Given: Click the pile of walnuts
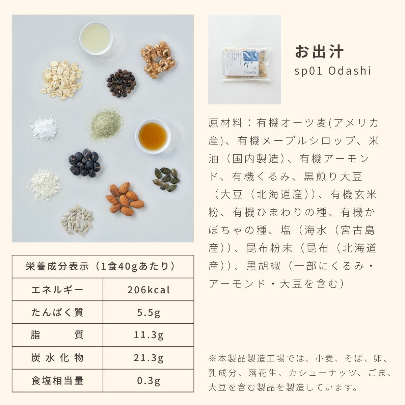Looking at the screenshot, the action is (x=158, y=59).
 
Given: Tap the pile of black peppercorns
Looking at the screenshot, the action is (x=122, y=83).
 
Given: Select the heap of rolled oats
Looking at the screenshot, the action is (x=61, y=80).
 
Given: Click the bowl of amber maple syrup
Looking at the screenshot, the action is (x=153, y=137).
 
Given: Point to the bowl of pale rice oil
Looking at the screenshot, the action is (x=96, y=38).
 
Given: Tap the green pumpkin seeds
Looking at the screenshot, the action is (x=166, y=180).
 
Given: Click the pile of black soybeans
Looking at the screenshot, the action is (x=85, y=163).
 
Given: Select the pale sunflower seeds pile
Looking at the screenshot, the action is (x=77, y=220).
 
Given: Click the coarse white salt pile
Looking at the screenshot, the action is (x=44, y=128).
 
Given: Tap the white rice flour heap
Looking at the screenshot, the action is (x=44, y=186).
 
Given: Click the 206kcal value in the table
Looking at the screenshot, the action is (x=148, y=290).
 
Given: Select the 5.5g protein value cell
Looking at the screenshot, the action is (x=148, y=313).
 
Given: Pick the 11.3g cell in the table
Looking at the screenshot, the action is (x=148, y=335).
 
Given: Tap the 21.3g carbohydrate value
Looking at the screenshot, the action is (x=148, y=358).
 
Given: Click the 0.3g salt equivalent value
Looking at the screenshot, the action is (x=148, y=381).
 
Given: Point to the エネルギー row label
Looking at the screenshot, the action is (x=57, y=290).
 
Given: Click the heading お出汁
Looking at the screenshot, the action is (x=319, y=52).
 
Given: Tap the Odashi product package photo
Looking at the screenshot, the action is (x=245, y=59).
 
